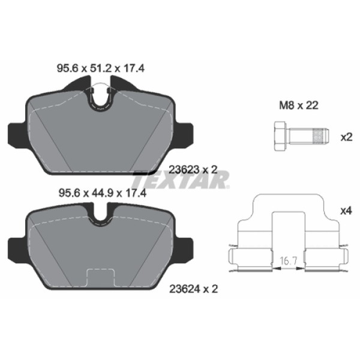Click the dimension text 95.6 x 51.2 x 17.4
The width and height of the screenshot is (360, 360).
(101, 69)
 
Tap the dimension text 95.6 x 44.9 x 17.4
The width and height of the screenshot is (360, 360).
(101, 193)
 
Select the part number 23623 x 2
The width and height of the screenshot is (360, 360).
(193, 170)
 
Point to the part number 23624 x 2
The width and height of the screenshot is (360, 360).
(193, 288)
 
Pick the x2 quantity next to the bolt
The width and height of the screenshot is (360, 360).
(346, 137)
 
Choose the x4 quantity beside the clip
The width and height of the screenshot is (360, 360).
(346, 211)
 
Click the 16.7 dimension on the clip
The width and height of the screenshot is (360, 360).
(289, 261)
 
